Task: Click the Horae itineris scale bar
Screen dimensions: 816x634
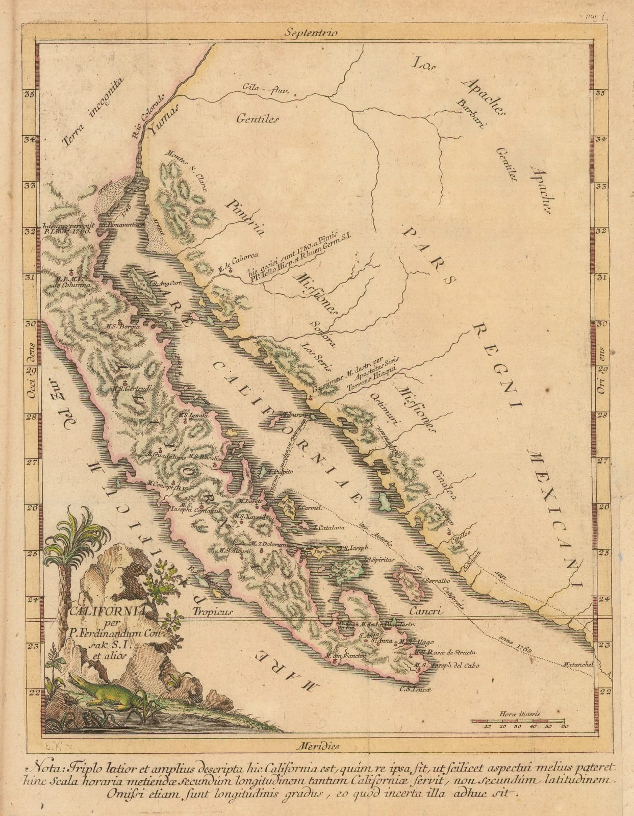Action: coord(519,720)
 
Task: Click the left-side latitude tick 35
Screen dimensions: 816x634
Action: coord(30,94)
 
